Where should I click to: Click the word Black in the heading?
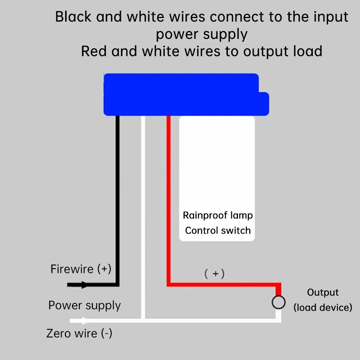(73, 17)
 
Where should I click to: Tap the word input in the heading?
(331, 17)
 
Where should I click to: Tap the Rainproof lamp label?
(218, 215)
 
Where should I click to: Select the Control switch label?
(218, 230)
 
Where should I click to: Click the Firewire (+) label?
(81, 269)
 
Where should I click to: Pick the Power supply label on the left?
(85, 305)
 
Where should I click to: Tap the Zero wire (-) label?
(79, 333)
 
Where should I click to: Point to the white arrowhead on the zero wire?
(85, 320)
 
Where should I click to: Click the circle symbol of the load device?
(278, 302)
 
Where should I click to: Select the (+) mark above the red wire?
(215, 274)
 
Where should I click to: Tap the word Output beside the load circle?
(323, 292)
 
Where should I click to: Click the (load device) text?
(323, 308)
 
